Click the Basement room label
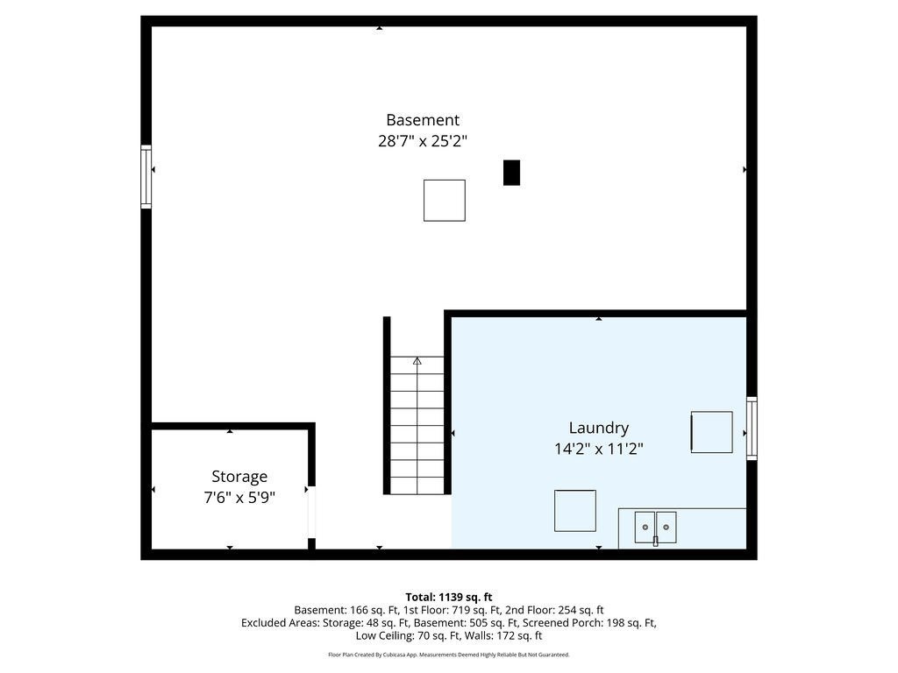tap(423, 120)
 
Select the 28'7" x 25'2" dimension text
tap(423, 141)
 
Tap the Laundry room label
tap(598, 428)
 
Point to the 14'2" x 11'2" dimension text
tap(598, 449)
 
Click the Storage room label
tap(239, 477)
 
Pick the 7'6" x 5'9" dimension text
tap(239, 498)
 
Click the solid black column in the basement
tap(511, 173)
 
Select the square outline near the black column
tap(445, 201)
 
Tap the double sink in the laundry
tap(655, 528)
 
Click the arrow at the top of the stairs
tap(417, 361)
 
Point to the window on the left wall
tap(146, 177)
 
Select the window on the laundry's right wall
tap(752, 428)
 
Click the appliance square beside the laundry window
tap(711, 432)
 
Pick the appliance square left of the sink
tap(575, 511)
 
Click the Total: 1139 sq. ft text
tap(449, 598)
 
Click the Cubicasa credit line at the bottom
tap(449, 655)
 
